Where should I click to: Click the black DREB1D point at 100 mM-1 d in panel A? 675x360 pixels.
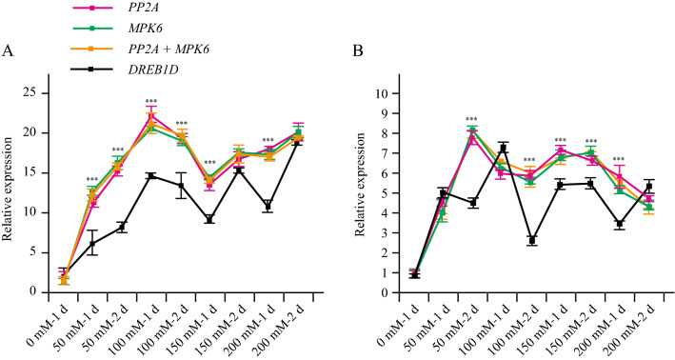click(149, 175)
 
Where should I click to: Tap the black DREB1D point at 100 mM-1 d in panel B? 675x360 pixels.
click(503, 148)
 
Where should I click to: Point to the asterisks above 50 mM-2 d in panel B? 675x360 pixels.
click(472, 119)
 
